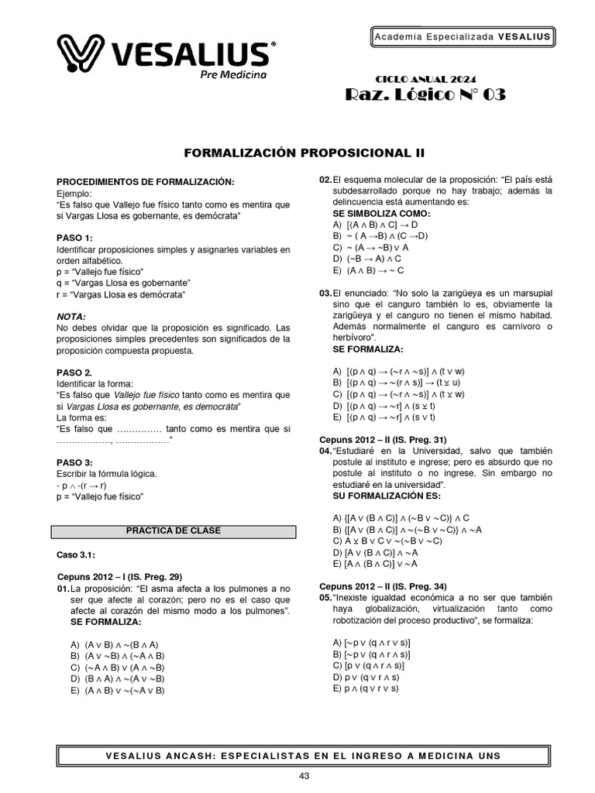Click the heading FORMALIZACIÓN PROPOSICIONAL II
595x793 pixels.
coord(297,153)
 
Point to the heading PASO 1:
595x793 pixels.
coord(75,237)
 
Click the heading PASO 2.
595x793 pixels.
coord(75,372)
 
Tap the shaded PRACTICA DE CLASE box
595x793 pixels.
coord(174,531)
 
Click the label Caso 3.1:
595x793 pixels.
coord(76,555)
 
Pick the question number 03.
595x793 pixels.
coord(325,294)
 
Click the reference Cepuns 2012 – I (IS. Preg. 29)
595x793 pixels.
coord(120,576)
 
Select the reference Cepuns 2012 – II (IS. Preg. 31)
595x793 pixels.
coord(383,439)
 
